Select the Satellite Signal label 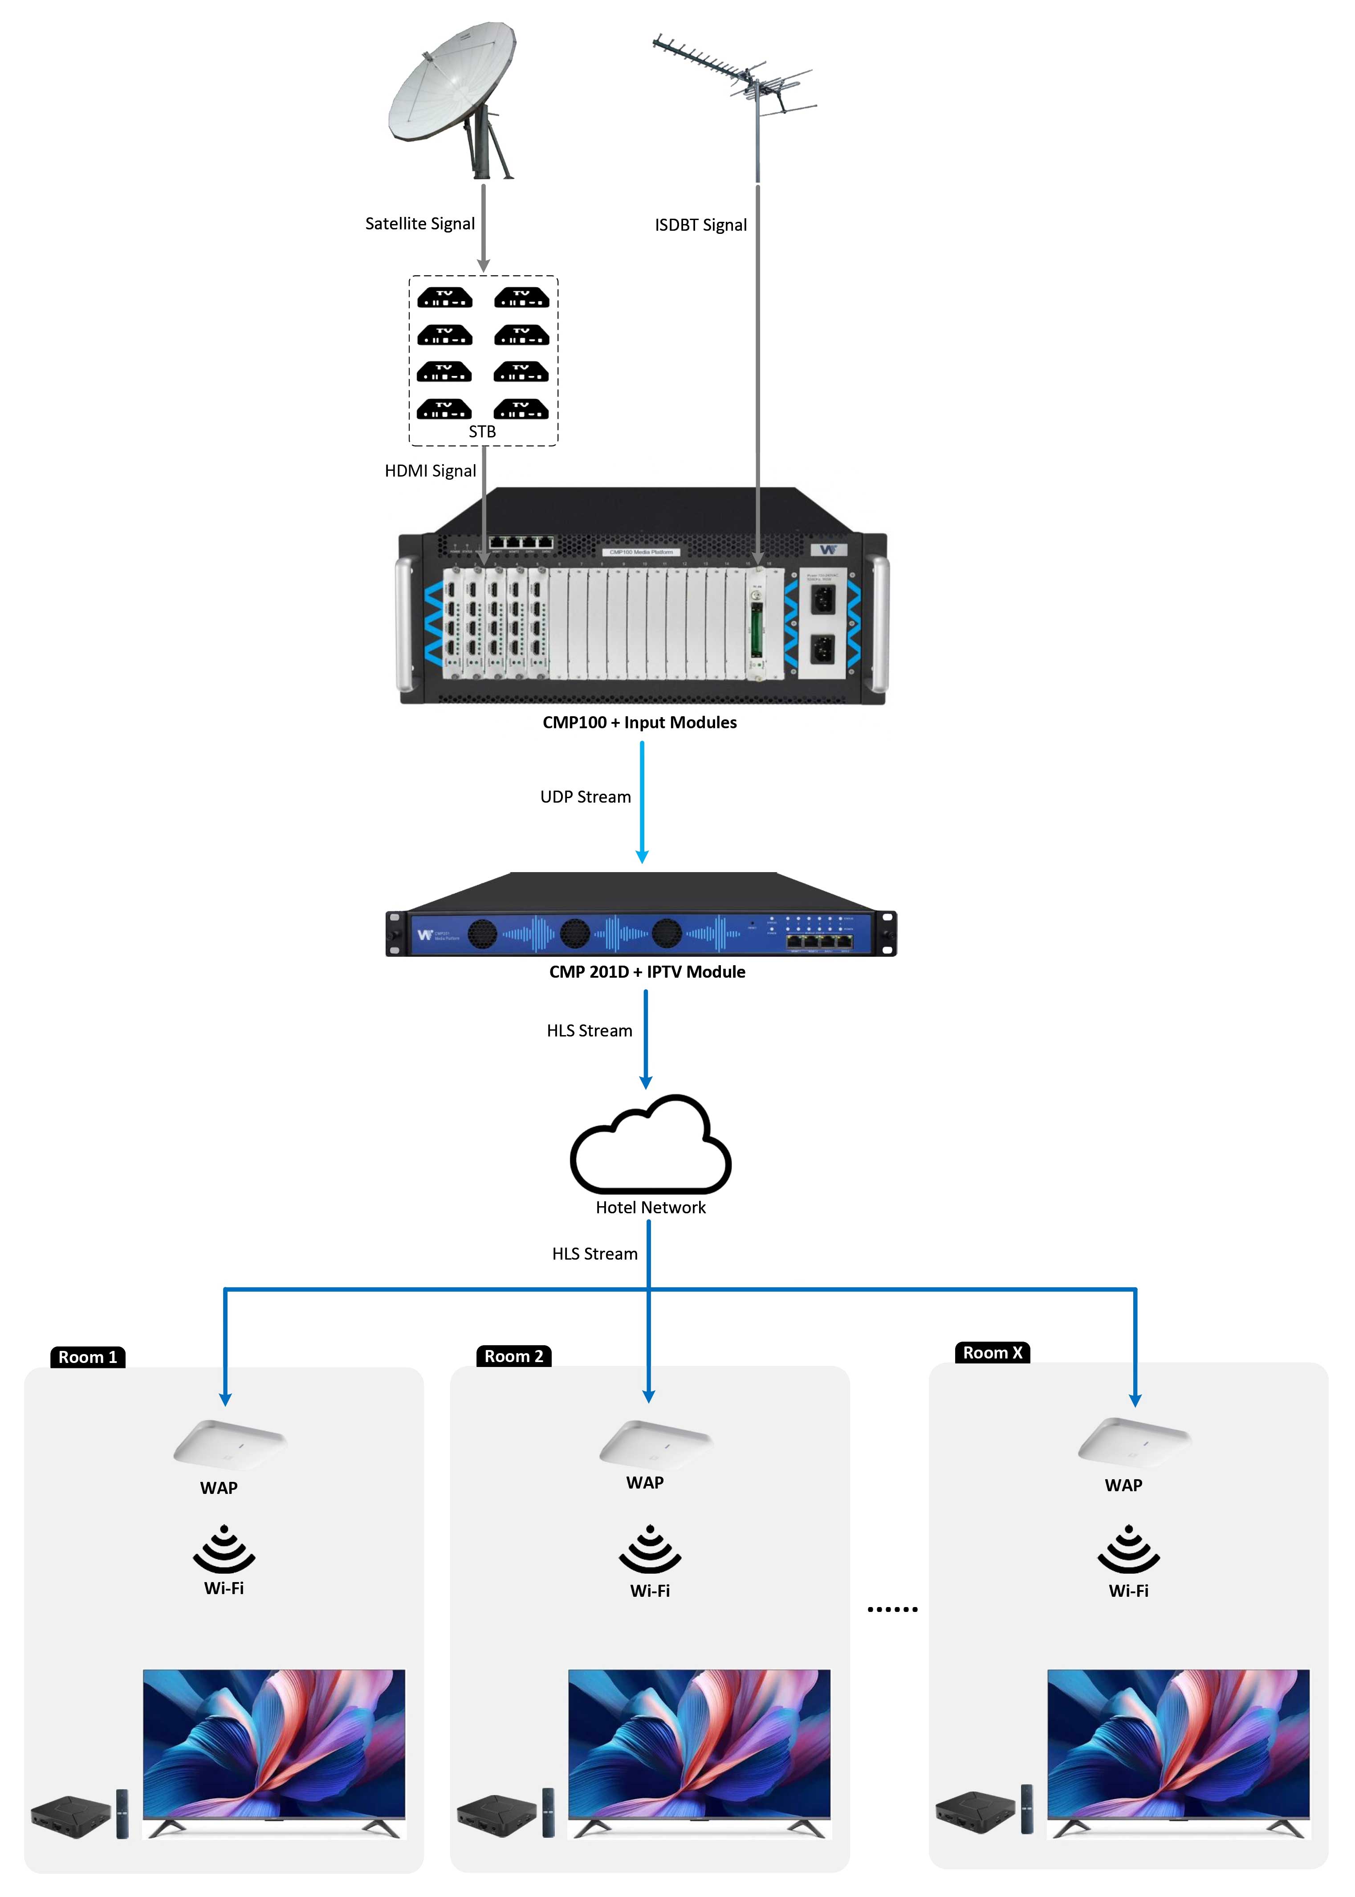(420, 224)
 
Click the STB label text (482, 432)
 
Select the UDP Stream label (586, 797)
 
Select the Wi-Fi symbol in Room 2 (650, 1550)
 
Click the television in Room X (1178, 1748)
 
